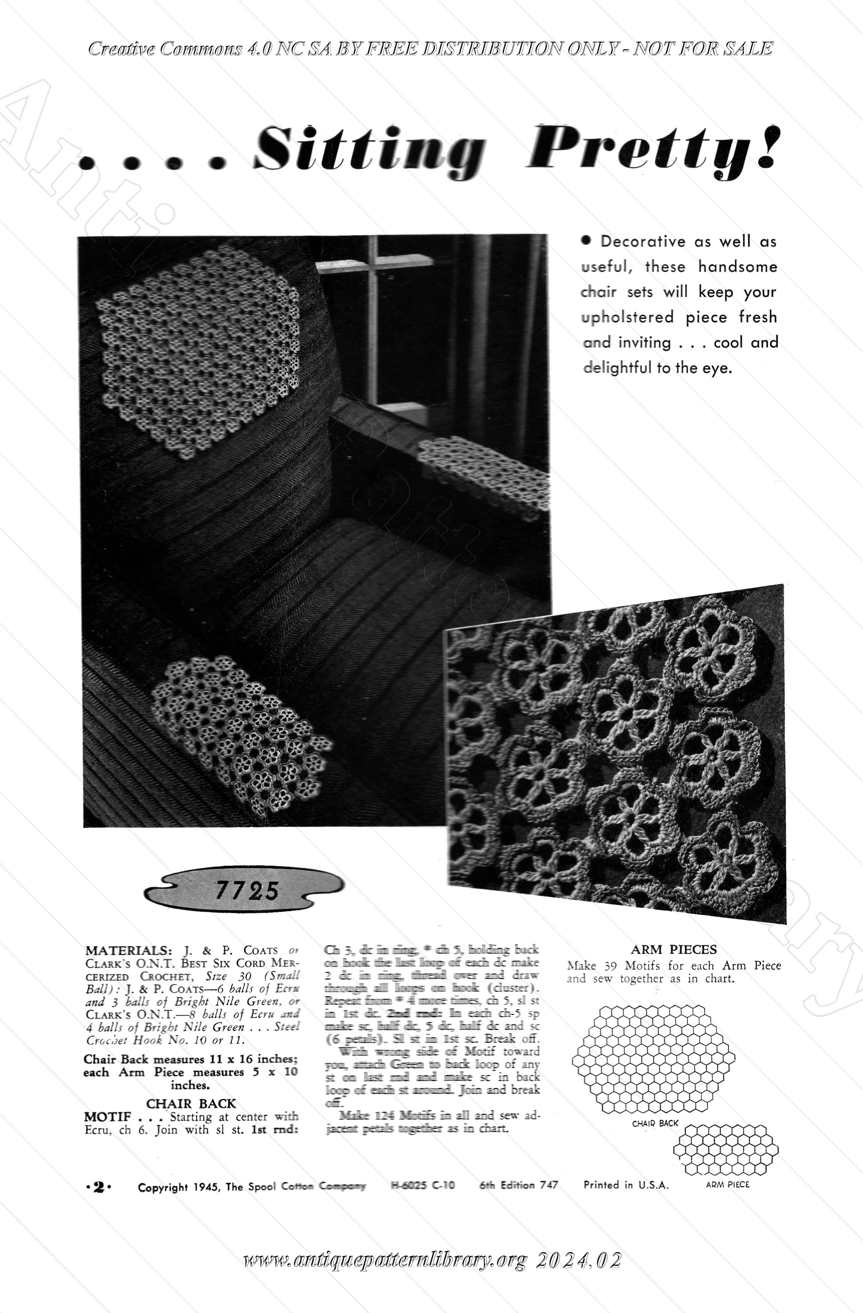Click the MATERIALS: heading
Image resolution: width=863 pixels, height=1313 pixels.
coord(128,951)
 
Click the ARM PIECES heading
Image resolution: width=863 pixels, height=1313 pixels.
coord(674,949)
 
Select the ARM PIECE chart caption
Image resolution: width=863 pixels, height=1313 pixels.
coord(727,1184)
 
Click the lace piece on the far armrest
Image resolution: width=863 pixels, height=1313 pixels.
coord(486,475)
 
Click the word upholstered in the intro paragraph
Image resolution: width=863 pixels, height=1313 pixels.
coord(627,317)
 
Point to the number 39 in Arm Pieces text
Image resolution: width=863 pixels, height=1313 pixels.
coord(611,966)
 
